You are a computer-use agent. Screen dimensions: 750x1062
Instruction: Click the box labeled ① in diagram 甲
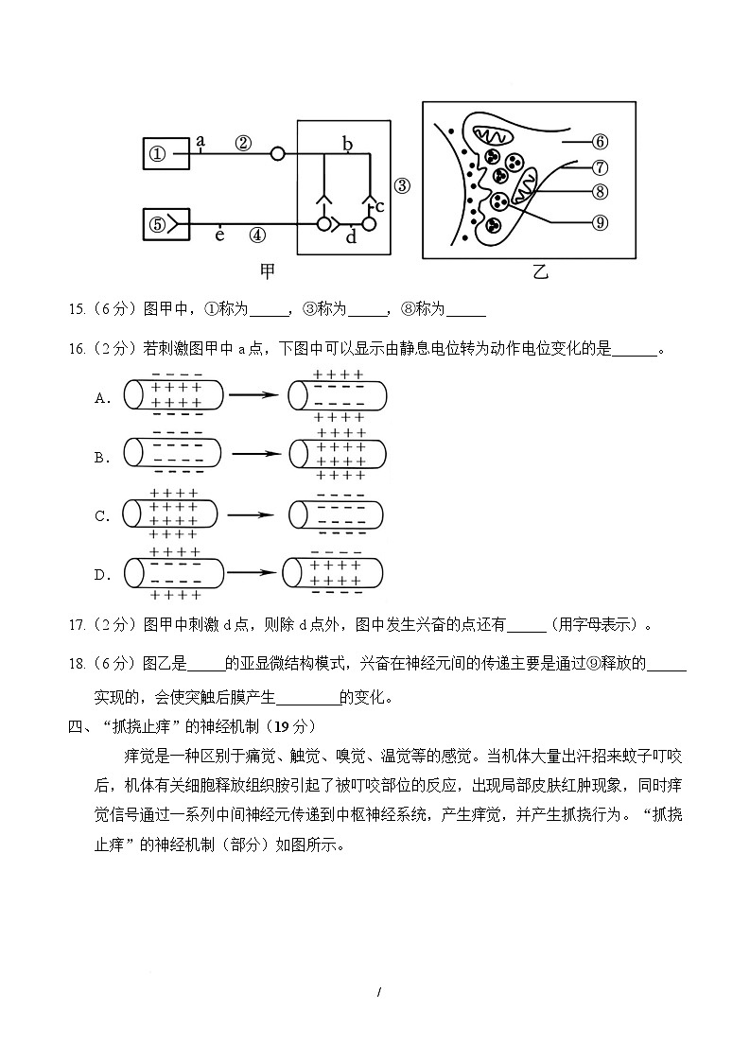[x=166, y=154]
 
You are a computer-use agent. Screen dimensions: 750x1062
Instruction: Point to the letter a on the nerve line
[x=201, y=141]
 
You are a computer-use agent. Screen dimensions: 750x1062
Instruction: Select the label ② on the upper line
[x=243, y=143]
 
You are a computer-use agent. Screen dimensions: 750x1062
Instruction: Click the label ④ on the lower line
[x=257, y=235]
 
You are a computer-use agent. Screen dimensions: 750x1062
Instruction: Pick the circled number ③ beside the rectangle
[x=402, y=185]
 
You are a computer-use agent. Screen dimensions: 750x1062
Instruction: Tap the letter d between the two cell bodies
[x=351, y=236]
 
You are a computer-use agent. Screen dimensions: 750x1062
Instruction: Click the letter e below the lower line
[x=219, y=235]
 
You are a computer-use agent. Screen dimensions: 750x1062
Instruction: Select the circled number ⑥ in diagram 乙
[x=599, y=142]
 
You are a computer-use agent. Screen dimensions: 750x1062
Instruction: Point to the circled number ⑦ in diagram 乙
[x=599, y=167]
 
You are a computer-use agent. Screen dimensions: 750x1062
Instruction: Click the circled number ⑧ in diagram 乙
[x=599, y=191]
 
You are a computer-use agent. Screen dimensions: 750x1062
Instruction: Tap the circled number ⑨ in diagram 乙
[x=599, y=222]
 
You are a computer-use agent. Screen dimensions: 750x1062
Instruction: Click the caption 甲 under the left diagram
[x=269, y=271]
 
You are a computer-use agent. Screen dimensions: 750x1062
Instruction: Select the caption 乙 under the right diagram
[x=539, y=272]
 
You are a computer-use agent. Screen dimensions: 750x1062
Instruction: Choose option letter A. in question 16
[x=103, y=398]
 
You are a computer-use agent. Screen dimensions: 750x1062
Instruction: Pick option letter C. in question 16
[x=103, y=516]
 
